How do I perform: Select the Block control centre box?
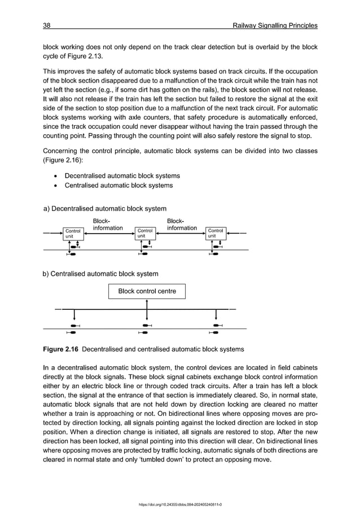pos(147,291)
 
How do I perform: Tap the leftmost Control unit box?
pos(73,233)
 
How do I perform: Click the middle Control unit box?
pos(145,233)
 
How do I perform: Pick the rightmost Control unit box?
pos(216,233)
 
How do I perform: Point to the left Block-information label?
pos(107,225)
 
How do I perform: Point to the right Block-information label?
pos(182,225)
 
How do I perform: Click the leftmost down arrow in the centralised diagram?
pos(74,316)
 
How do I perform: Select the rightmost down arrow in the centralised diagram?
pos(217,316)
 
